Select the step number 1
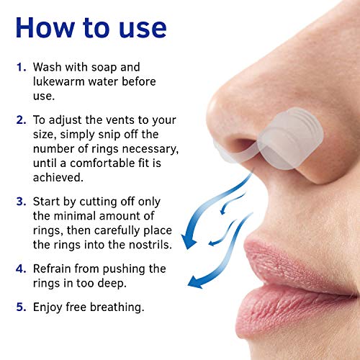pyautogui.click(x=21, y=67)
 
